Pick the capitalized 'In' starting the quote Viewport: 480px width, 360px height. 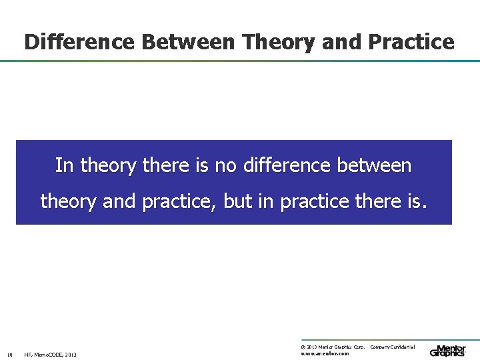(x=65, y=165)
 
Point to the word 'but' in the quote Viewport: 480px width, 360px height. (x=238, y=201)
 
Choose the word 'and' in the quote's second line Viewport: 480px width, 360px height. (x=119, y=201)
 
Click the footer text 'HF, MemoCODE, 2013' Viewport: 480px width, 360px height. (x=50, y=355)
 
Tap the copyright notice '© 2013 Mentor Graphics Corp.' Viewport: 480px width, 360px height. (x=333, y=347)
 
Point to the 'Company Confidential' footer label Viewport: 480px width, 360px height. (x=393, y=347)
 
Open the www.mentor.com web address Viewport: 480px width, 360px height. (x=325, y=353)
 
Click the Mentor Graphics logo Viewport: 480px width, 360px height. (x=448, y=350)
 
